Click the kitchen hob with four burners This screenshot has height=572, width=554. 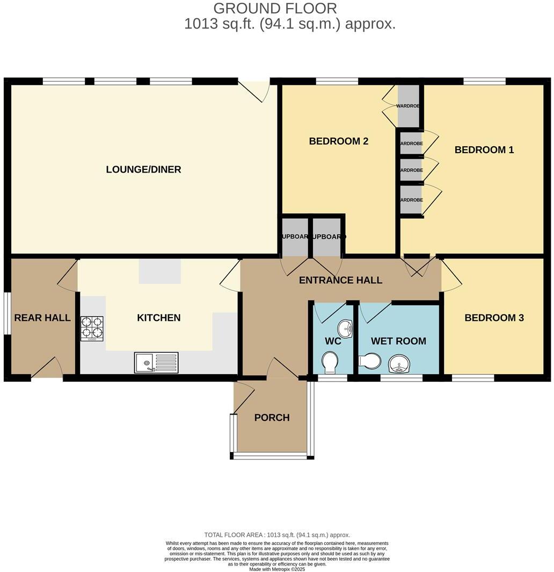coord(92,328)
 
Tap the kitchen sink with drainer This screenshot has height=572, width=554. coord(156,362)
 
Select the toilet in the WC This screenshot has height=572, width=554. coord(329,362)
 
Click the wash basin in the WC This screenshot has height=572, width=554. coord(345,327)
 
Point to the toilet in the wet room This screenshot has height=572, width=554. coord(369,360)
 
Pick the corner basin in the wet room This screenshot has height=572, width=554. coord(398,364)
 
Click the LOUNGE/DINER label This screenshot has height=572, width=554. coord(143,170)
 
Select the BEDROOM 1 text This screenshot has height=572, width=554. coord(484,150)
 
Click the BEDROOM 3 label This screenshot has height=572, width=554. coord(494,318)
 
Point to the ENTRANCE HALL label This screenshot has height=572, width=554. coord(340,280)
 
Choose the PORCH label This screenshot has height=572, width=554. coord(272,418)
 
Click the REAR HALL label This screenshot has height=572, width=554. coord(42,318)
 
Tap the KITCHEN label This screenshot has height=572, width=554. coord(158,318)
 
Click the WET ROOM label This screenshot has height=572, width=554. coord(398,341)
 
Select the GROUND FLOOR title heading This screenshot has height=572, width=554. coord(275,9)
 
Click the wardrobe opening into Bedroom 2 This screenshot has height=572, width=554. coord(407,106)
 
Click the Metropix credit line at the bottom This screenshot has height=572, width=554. coord(277,569)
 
